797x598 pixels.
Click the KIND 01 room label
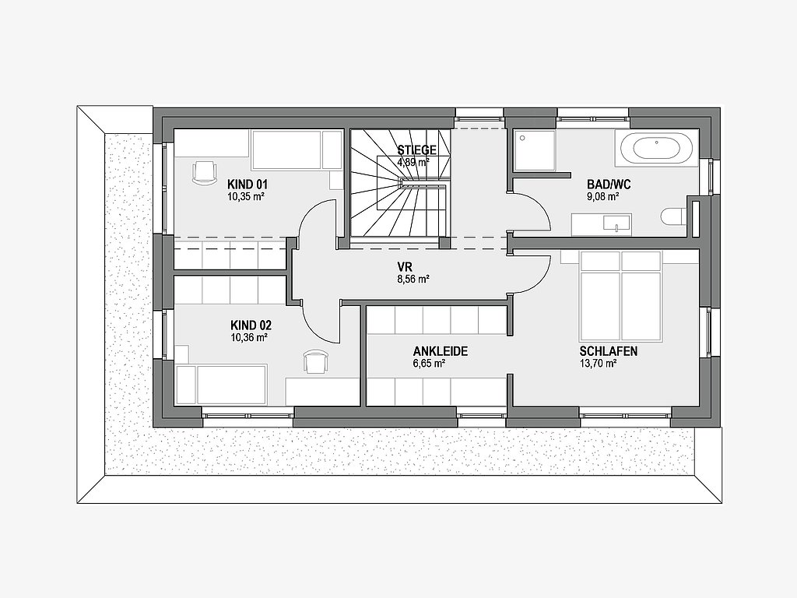[247, 184]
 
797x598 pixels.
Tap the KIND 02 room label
[251, 325]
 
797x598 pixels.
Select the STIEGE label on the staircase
[417, 150]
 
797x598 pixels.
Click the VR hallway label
[405, 267]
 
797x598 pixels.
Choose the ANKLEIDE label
[441, 351]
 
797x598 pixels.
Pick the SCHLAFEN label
[609, 351]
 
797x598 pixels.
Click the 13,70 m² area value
[598, 363]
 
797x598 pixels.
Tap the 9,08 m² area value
[603, 196]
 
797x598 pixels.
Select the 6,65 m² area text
[429, 363]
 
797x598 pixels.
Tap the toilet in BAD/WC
[673, 218]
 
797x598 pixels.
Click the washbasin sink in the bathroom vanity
[616, 223]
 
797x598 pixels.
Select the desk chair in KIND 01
[204, 171]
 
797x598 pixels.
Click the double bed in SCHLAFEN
[620, 295]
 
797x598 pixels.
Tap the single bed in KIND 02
[221, 385]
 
